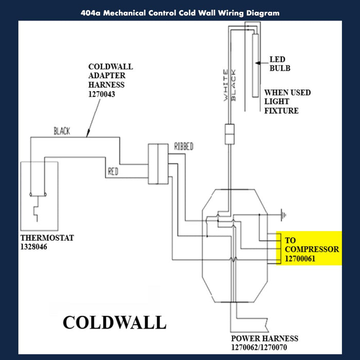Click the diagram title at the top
point(180,13)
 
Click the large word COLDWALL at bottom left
point(114,322)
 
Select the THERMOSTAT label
point(47,238)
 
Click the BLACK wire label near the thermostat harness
point(62,132)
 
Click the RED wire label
point(113,172)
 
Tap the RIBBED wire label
point(184,147)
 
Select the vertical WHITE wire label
point(225,85)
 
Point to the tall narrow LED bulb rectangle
point(255,64)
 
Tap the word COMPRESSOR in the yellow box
point(312,249)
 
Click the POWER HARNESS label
point(263,338)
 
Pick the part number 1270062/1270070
point(264,347)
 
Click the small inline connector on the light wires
point(229,134)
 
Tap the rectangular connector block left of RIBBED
point(158,164)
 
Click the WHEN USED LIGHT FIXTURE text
point(287,101)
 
